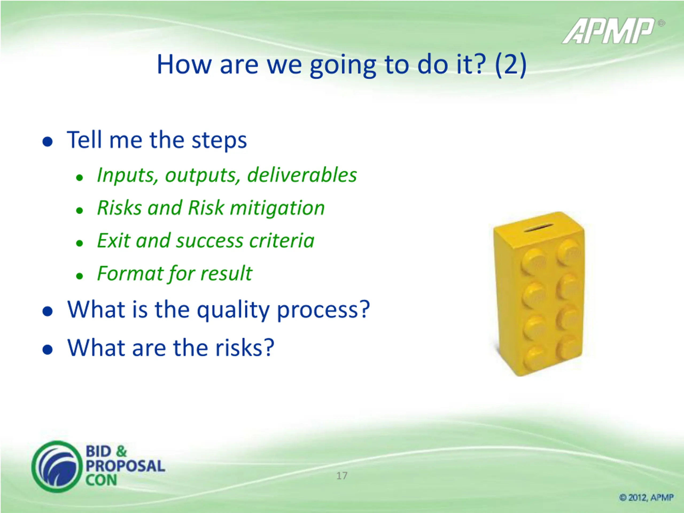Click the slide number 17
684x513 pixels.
[x=342, y=476]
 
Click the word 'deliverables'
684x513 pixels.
[x=302, y=175]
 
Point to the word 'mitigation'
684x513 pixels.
[x=277, y=208]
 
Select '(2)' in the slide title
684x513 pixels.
[x=511, y=65]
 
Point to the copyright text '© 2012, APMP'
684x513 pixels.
[x=646, y=497]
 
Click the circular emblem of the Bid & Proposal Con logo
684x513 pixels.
[x=57, y=466]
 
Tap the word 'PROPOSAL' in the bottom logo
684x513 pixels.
[x=125, y=466]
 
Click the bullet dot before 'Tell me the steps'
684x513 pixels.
[x=47, y=142]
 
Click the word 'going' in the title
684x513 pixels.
[x=343, y=66]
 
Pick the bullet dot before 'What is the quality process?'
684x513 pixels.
[x=47, y=311]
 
